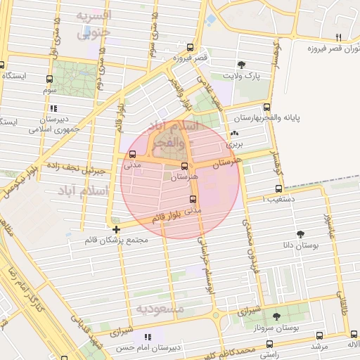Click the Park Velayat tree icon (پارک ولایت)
tap(243, 64)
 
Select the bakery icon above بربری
tap(234, 132)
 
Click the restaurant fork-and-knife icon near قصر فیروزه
tap(338, 37)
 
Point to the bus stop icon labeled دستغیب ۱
tap(279, 188)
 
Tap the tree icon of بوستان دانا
tap(301, 234)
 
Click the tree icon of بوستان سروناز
tap(276, 316)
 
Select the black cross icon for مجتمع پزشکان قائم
tap(116, 229)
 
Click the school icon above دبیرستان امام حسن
tap(146, 337)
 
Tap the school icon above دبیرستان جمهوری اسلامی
tap(53, 108)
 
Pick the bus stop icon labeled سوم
tap(49, 79)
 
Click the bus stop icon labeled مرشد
tap(320, 335)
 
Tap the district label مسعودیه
tap(160, 309)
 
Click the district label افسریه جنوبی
tap(94, 23)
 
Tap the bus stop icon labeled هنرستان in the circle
tap(184, 167)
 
